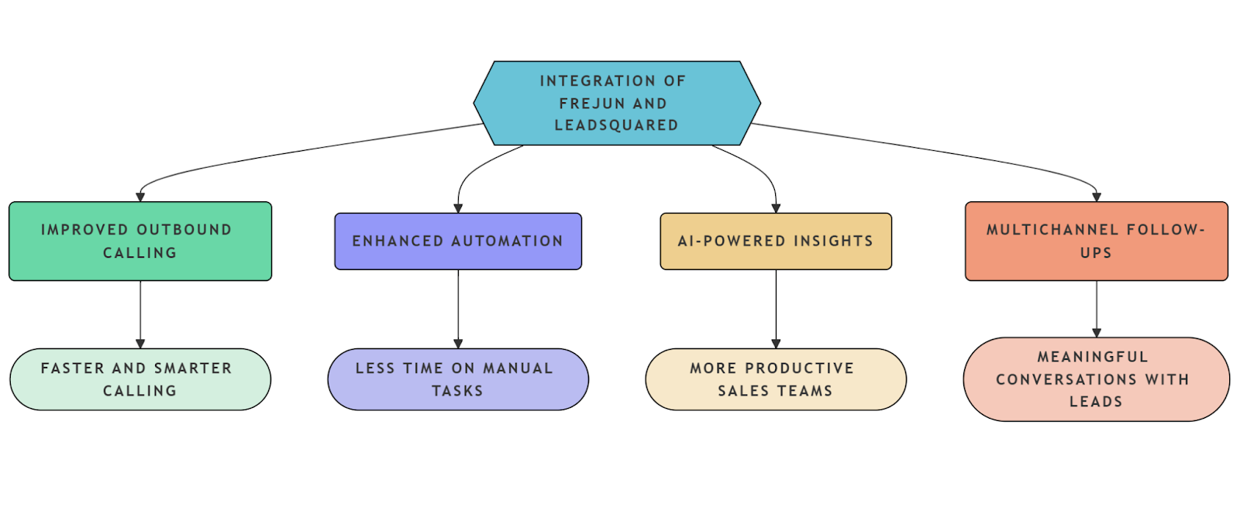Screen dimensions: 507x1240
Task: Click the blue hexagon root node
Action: [x=616, y=103]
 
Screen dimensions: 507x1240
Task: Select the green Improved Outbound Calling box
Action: [x=140, y=241]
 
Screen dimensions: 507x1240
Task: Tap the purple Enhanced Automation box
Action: [x=457, y=242]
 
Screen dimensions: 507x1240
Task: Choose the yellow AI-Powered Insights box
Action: [x=775, y=242]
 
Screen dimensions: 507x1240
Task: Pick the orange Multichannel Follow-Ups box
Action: [x=1096, y=241]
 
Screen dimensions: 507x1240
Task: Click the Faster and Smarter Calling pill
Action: [x=140, y=379]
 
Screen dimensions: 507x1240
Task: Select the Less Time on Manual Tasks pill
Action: [x=457, y=379]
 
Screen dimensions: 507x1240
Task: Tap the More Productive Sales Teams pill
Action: [x=775, y=379]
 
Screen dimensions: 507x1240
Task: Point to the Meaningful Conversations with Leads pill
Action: [x=1096, y=379]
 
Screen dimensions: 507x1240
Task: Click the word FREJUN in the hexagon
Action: [x=592, y=104]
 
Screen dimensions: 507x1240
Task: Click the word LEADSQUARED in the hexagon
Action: [x=616, y=125]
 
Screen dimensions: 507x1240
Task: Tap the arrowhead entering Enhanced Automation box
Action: [x=458, y=208]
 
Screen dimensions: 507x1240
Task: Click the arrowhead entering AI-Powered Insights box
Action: [x=776, y=208]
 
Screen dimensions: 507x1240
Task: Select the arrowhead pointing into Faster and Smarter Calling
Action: [x=140, y=344]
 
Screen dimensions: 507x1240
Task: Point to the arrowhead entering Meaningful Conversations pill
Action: [x=1097, y=333]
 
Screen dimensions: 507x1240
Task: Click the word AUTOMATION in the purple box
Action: [x=507, y=242]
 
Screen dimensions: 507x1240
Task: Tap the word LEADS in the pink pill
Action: [x=1096, y=402]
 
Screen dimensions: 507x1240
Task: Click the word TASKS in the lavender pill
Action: [x=457, y=391]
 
